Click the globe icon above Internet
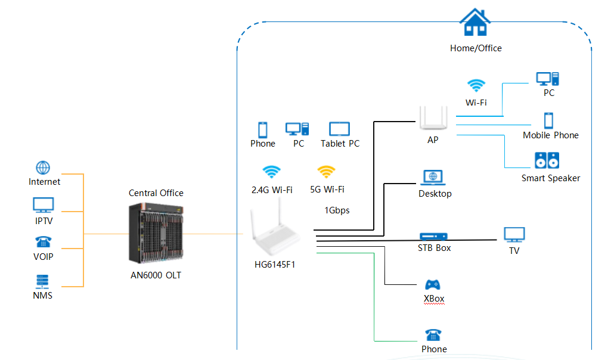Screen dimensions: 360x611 point(43,167)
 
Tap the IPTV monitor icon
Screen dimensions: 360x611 point(43,206)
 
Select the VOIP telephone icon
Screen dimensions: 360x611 point(43,243)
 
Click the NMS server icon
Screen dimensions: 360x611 point(43,281)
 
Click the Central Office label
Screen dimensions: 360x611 point(156,193)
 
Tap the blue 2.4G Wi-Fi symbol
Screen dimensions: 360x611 point(271,172)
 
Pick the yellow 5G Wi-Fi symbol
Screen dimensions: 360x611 point(326,172)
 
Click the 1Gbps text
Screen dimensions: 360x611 point(337,210)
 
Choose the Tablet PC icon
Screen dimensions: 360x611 point(339,129)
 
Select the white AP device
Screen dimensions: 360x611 point(433,117)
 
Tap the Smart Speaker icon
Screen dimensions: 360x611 point(547,161)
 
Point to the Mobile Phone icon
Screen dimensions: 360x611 point(548,120)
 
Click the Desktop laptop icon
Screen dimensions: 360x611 point(433,177)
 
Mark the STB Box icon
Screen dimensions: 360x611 point(433,237)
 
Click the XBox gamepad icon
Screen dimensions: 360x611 point(433,285)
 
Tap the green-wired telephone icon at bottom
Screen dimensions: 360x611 point(433,335)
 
